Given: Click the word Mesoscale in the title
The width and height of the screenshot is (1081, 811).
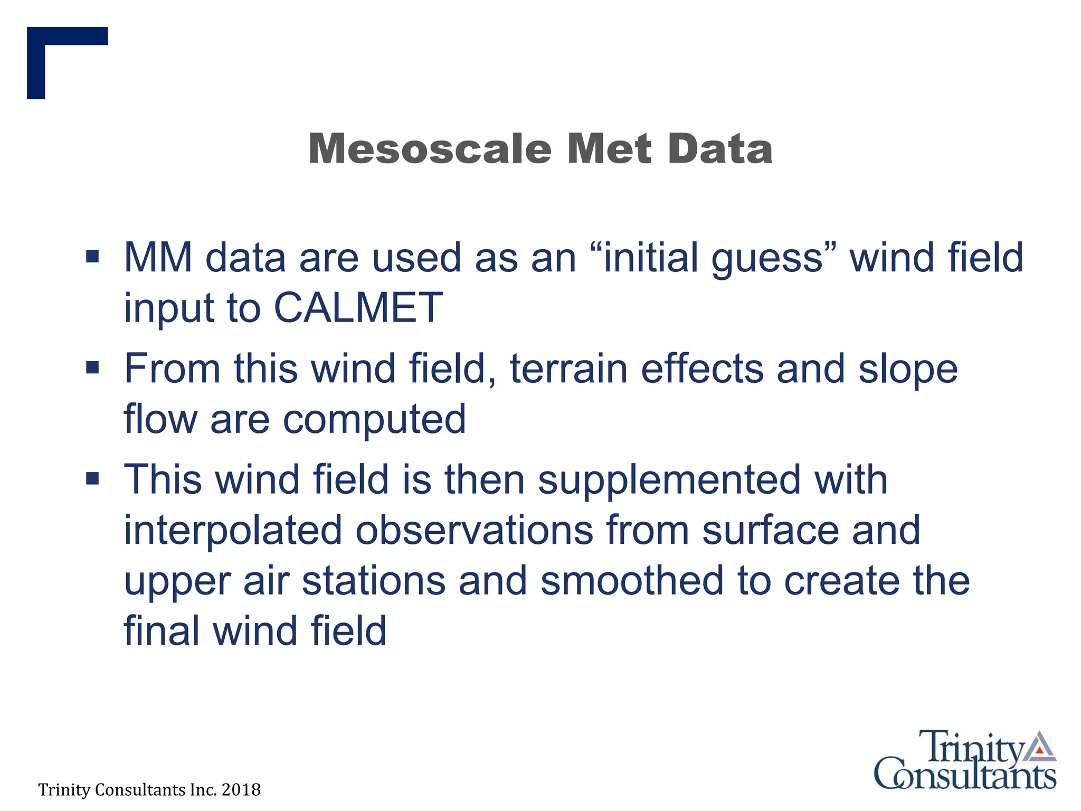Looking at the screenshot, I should point(430,149).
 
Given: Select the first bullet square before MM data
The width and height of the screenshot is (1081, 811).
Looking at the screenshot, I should point(92,257).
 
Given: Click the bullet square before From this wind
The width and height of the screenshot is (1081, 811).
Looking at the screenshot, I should point(92,367).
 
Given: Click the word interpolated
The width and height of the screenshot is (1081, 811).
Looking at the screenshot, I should point(233,531).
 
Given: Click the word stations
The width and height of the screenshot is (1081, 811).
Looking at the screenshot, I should point(374,580).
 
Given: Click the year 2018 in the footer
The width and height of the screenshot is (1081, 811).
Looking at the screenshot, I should point(241,790).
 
